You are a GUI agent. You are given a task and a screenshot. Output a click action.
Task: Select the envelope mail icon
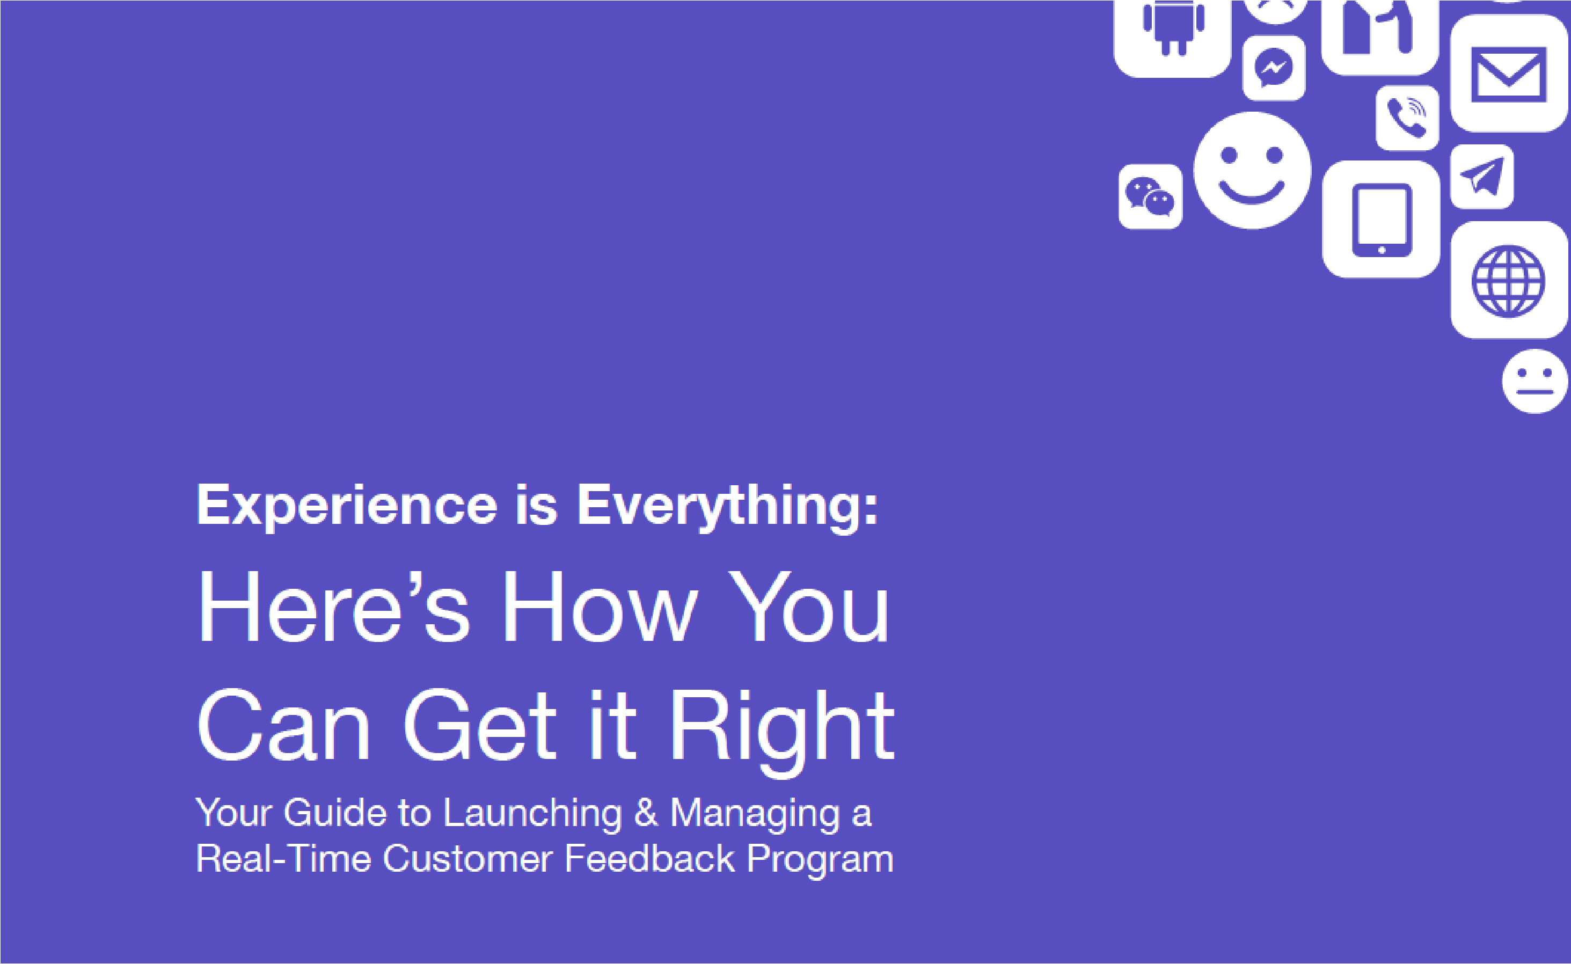pos(1509,75)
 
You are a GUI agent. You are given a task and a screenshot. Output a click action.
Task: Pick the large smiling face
pos(1252,170)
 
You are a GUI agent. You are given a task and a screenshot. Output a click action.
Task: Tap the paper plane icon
pos(1482,176)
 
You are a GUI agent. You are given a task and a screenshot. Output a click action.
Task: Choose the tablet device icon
pos(1381,220)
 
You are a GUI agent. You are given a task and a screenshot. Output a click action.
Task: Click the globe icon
pos(1509,281)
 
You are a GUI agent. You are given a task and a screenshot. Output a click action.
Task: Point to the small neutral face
pos(1535,381)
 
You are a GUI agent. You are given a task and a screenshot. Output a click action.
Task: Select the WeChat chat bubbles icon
pos(1150,196)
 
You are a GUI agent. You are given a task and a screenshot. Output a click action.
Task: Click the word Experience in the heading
pos(346,506)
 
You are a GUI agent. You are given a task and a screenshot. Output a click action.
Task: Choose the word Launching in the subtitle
pos(532,814)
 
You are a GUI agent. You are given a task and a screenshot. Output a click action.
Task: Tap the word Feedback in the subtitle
pos(649,858)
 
